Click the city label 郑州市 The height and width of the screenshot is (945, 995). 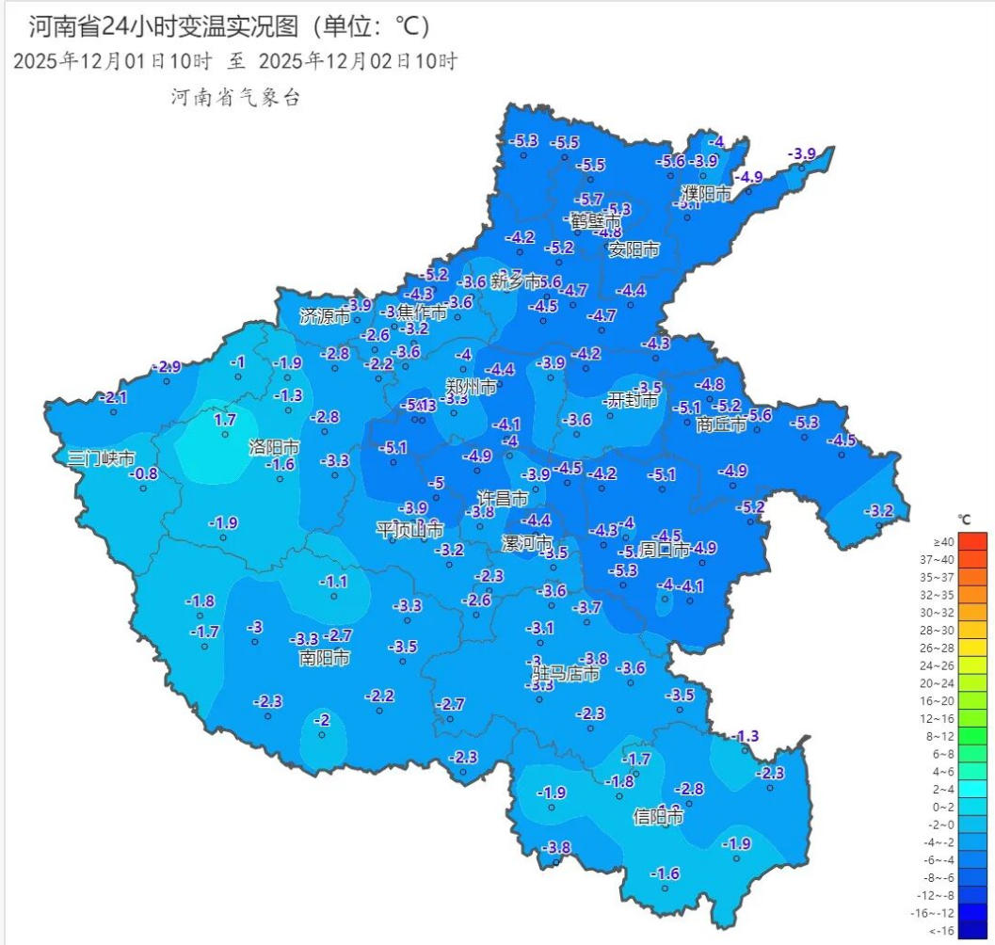pos(472,387)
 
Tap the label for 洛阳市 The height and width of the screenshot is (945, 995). pos(274,445)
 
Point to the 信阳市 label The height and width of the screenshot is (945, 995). pos(658,816)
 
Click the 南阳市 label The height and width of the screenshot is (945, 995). pos(325,657)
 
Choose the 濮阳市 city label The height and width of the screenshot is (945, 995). pos(706,194)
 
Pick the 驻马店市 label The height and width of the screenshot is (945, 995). pos(567,674)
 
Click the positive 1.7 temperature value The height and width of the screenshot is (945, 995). pos(225,420)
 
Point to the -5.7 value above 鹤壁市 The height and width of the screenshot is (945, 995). pos(588,200)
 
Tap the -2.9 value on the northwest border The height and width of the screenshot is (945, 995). pos(166,366)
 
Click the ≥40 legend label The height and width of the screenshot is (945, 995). pos(943,541)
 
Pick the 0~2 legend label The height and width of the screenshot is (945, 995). pos(943,807)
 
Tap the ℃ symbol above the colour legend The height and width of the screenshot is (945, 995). pos(964,520)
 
